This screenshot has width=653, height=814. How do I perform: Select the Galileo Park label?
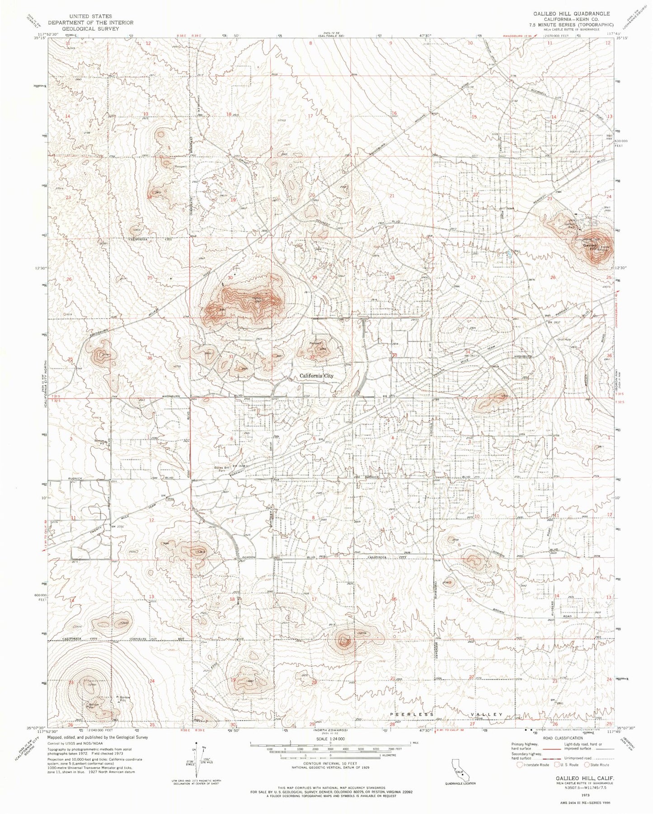(x=572, y=225)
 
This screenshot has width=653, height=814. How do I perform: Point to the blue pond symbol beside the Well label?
(x=509, y=254)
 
